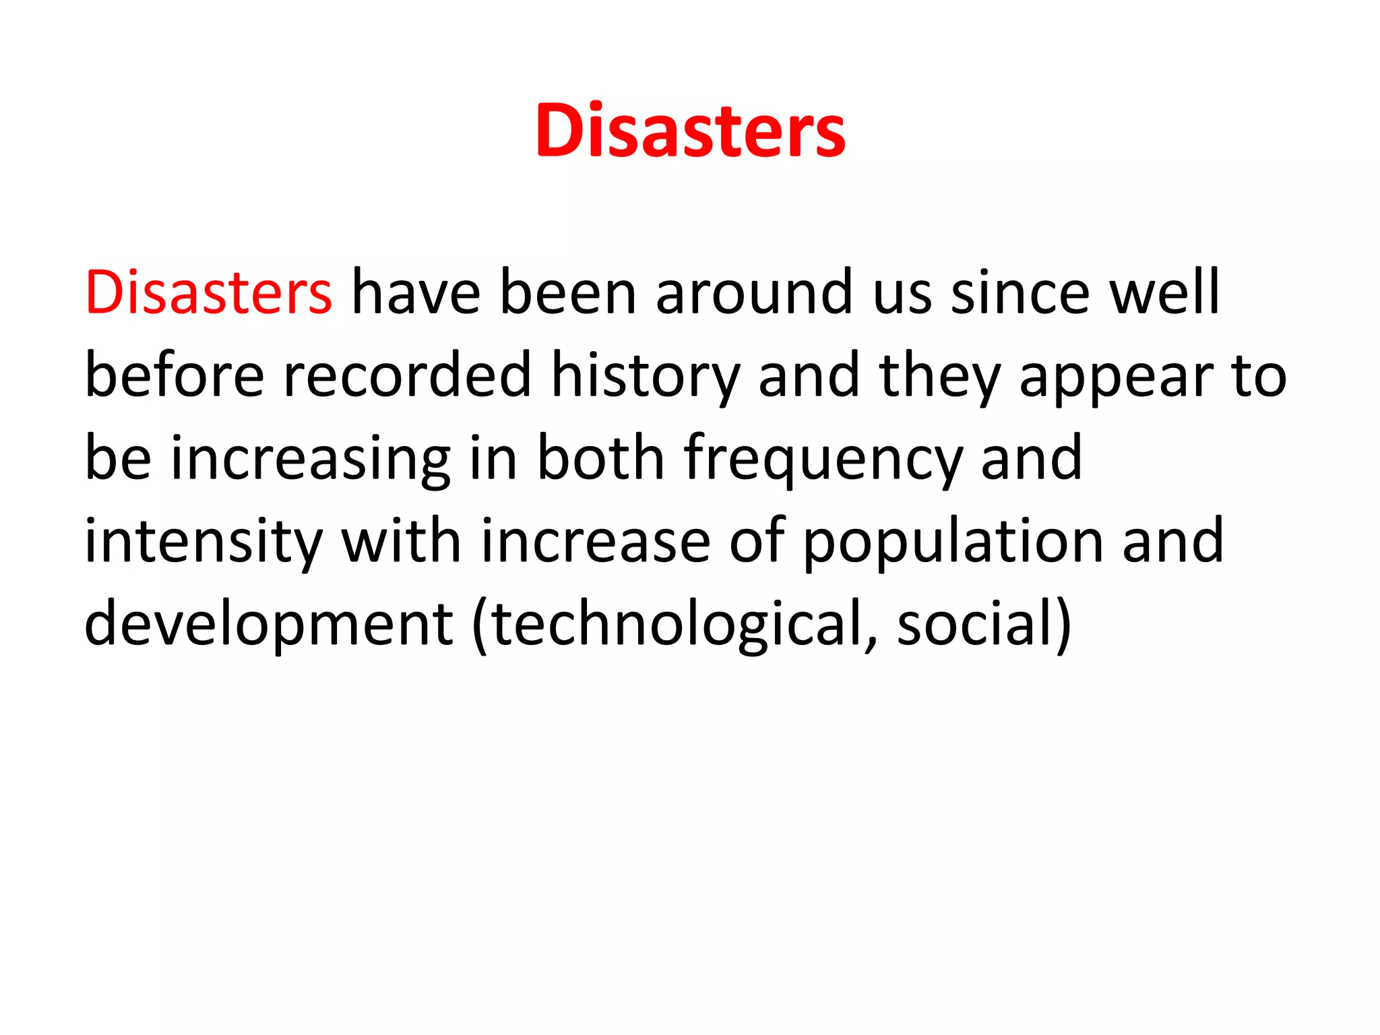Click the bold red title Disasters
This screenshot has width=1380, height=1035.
[690, 131]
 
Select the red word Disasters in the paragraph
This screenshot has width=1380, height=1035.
[208, 292]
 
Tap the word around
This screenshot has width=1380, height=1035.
[754, 292]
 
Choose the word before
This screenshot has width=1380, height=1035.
[175, 375]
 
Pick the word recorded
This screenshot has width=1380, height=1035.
[408, 375]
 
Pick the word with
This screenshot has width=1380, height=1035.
[401, 541]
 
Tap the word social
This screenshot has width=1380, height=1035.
[974, 624]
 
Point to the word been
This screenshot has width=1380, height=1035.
[568, 292]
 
